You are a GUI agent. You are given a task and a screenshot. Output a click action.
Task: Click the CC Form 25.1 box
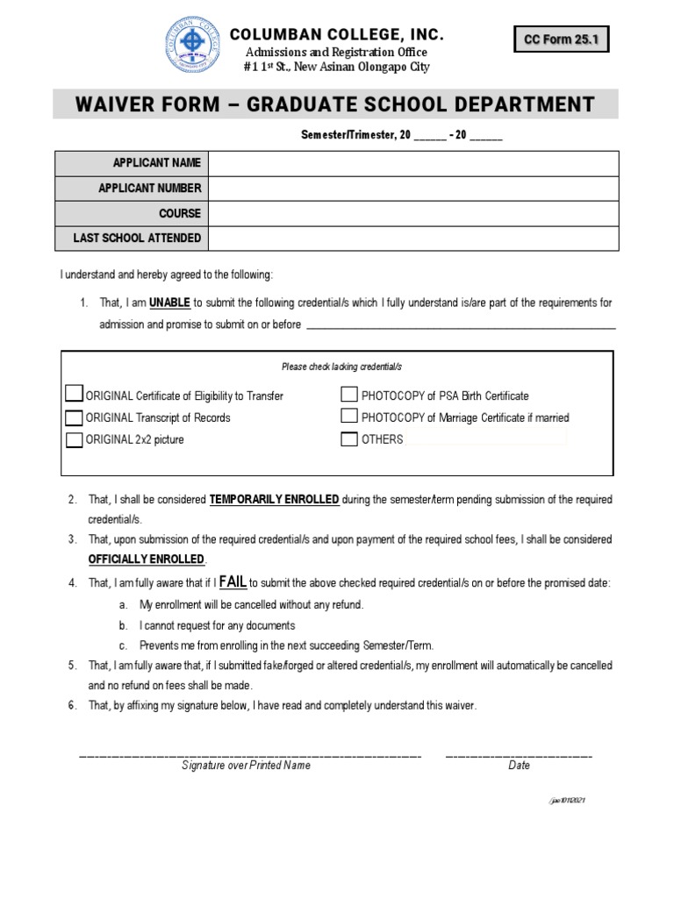pos(561,39)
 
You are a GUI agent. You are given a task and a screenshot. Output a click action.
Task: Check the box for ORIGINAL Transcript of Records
pos(75,417)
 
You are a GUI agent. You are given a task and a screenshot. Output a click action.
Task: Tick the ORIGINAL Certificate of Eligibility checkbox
pos(75,395)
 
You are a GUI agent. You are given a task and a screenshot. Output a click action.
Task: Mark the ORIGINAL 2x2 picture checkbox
pos(75,439)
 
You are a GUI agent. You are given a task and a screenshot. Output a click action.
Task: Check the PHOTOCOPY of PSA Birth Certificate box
pos(349,395)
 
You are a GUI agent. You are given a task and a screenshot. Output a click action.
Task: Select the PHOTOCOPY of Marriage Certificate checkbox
pos(349,417)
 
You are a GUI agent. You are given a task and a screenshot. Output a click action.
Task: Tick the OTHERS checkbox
pos(349,439)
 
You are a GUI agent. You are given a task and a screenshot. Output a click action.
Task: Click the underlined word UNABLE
pos(169,303)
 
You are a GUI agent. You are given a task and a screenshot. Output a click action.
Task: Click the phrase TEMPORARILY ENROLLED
pos(274,499)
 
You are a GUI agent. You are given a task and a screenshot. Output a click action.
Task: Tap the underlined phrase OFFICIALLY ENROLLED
pos(147,559)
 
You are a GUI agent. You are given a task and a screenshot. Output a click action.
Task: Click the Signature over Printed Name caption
pos(246,765)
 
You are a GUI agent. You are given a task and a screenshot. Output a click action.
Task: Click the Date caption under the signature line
pos(519,765)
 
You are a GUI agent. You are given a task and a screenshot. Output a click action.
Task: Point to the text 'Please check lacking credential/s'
pos(341,367)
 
